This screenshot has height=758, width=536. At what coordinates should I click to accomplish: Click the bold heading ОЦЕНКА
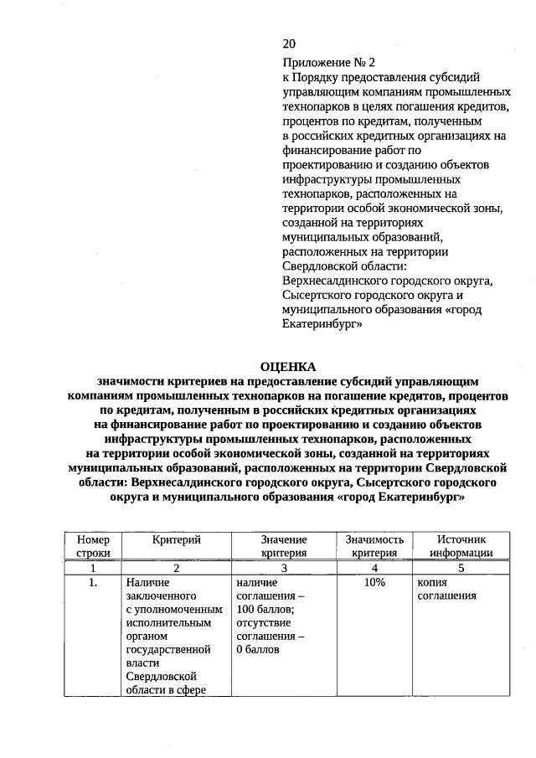click(x=288, y=367)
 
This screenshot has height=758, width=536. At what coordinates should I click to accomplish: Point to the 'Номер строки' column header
click(x=93, y=546)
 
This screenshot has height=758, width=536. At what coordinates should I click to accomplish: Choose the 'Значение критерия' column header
click(x=283, y=546)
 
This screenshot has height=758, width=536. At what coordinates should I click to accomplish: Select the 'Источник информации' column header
click(x=459, y=546)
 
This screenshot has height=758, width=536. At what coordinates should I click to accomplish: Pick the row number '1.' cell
click(x=93, y=581)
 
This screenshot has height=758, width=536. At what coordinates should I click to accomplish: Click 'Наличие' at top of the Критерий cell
click(x=147, y=581)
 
